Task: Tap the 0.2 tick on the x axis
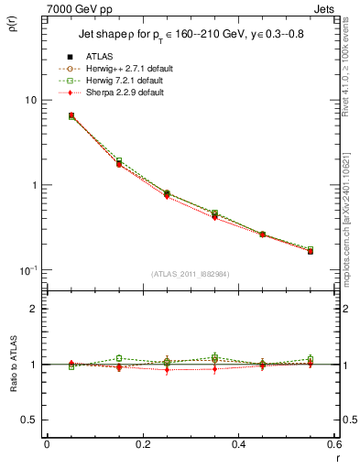click(x=143, y=444)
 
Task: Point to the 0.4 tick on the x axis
click(x=238, y=444)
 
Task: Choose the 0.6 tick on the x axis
click(x=333, y=444)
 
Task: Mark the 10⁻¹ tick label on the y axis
click(x=28, y=269)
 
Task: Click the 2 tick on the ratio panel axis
click(x=34, y=310)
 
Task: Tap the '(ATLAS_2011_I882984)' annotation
click(x=190, y=274)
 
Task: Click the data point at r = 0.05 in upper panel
click(x=71, y=116)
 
